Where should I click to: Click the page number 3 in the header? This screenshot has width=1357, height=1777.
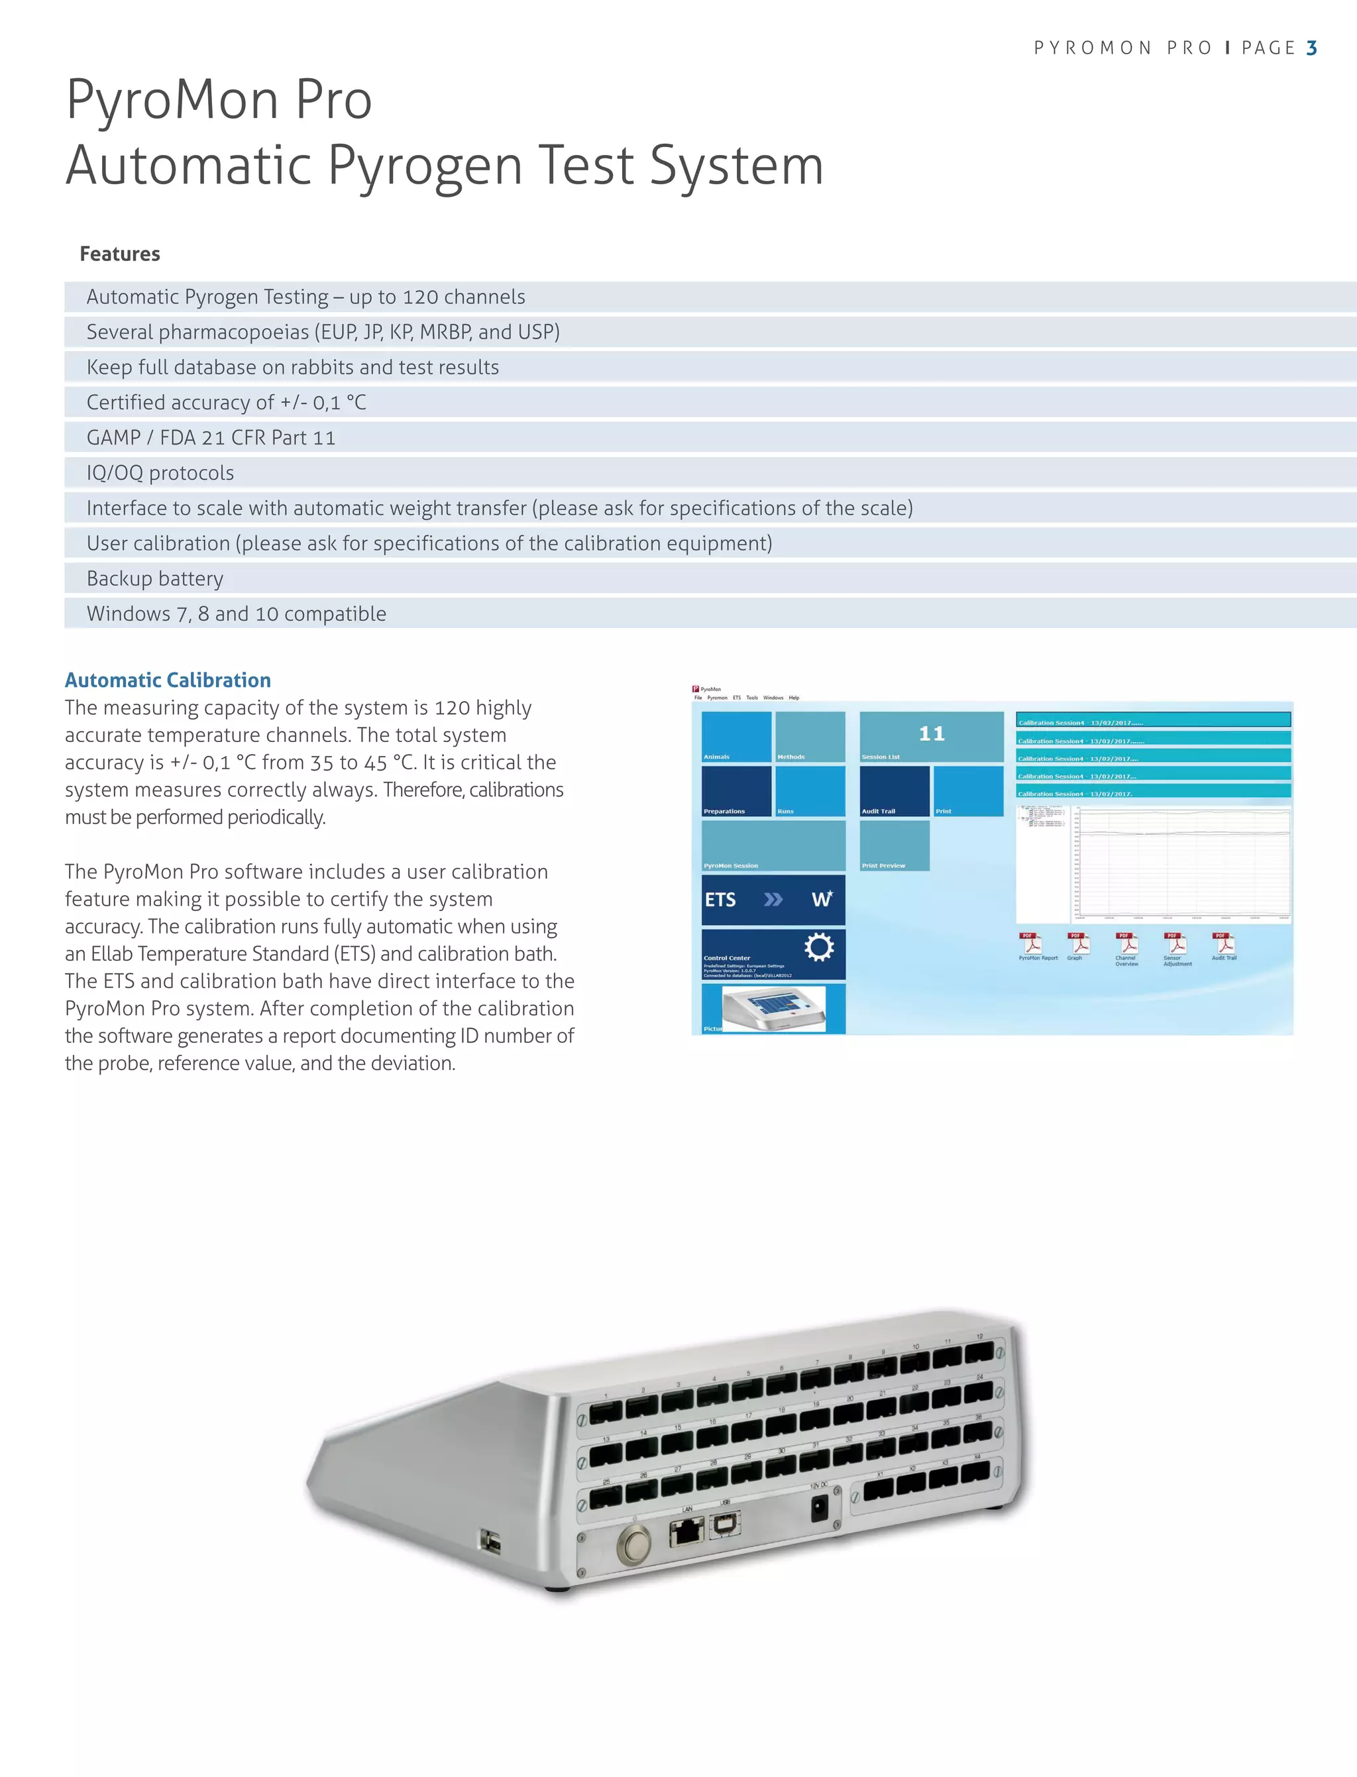(x=1311, y=48)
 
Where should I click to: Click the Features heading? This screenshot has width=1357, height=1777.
(x=119, y=254)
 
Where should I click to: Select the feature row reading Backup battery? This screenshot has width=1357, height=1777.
(x=155, y=578)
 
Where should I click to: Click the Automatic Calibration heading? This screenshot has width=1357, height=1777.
(x=167, y=680)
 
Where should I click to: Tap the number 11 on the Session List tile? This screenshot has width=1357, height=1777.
(x=932, y=733)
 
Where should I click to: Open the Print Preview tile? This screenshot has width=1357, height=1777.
(x=894, y=845)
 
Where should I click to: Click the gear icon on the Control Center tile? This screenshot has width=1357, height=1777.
(x=818, y=947)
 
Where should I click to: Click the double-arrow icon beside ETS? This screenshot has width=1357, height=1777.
(x=773, y=900)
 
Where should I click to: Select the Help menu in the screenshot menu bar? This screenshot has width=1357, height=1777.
(x=794, y=698)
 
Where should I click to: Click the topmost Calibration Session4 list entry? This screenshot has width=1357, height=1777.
(x=1153, y=720)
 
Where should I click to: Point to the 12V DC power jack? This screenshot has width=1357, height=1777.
(x=819, y=1507)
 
